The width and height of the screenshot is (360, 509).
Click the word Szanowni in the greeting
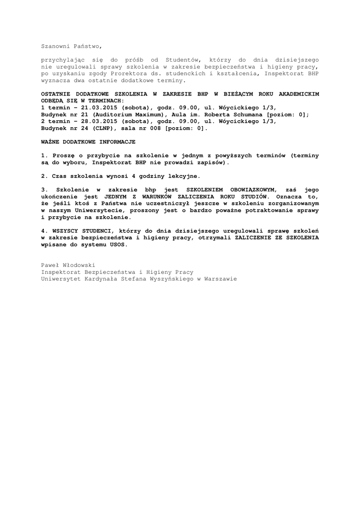pos(55,46)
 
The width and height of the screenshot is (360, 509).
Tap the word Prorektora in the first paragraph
pos(127,73)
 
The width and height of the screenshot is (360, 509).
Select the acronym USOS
pos(117,245)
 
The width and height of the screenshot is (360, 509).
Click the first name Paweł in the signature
pos(50,265)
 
